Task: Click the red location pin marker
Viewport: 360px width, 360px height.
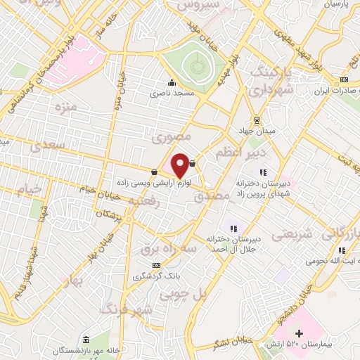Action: [x=180, y=165]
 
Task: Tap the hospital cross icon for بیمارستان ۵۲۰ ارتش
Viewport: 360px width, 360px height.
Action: [x=299, y=332]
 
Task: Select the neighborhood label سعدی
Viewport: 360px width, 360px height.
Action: [x=49, y=146]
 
